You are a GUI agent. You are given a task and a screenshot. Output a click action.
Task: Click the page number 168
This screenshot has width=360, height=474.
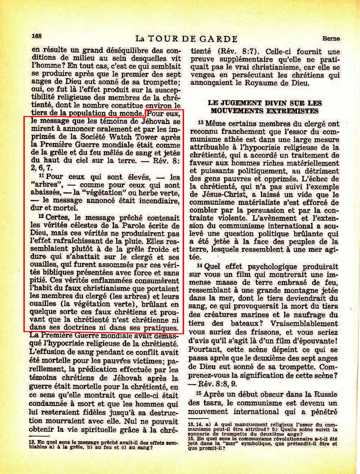tap(37, 36)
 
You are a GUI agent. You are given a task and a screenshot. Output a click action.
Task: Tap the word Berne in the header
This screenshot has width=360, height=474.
tap(331, 38)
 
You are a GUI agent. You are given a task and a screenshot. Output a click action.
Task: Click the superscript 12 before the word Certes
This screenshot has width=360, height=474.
tap(41, 216)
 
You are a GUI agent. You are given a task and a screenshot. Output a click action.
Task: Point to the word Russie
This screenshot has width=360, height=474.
tap(326, 394)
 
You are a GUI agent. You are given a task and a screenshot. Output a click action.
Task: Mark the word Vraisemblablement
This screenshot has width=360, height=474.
tap(304, 324)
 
